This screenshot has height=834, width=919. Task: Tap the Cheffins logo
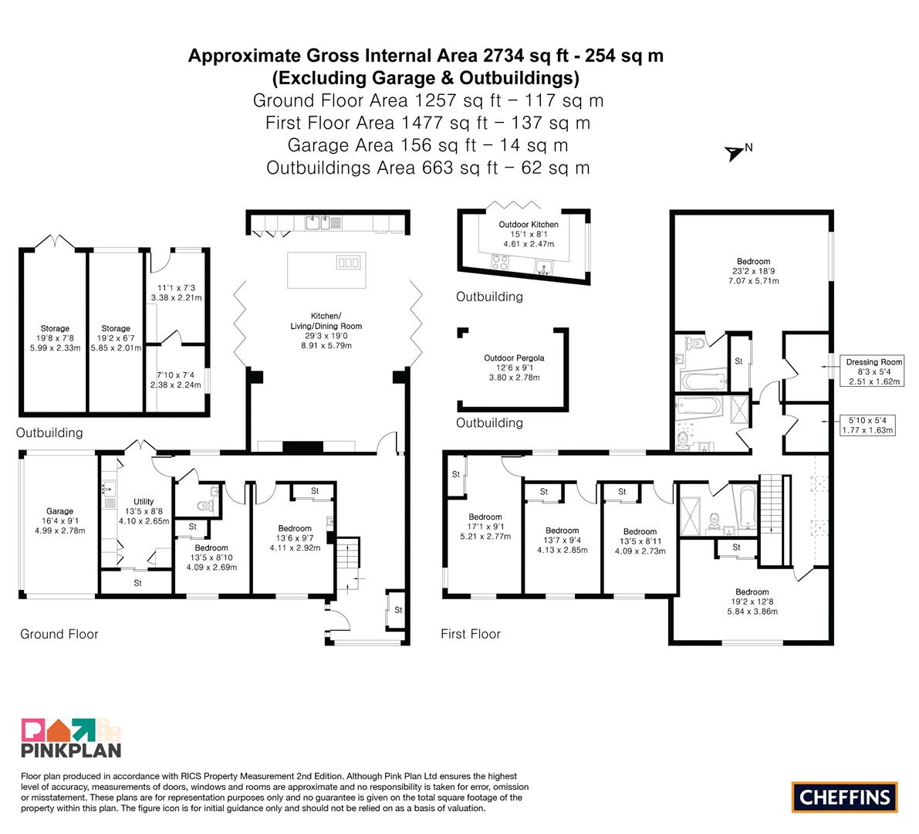pyautogui.click(x=845, y=797)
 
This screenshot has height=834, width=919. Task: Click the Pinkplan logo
pyautogui.click(x=71, y=738)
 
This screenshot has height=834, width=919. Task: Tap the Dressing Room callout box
pyautogui.click(x=874, y=371)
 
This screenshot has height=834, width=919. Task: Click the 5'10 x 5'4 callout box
pyautogui.click(x=867, y=425)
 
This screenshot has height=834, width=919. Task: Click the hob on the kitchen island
pyautogui.click(x=348, y=262)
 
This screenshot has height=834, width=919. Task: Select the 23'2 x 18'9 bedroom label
pyautogui.click(x=754, y=271)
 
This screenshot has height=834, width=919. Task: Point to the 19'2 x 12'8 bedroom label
pyautogui.click(x=752, y=602)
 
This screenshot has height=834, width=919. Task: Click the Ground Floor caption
pyautogui.click(x=59, y=634)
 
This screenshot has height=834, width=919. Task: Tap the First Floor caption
pyautogui.click(x=471, y=634)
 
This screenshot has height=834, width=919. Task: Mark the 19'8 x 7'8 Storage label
pyautogui.click(x=55, y=338)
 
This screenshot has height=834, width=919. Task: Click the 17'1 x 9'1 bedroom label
pyautogui.click(x=485, y=527)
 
